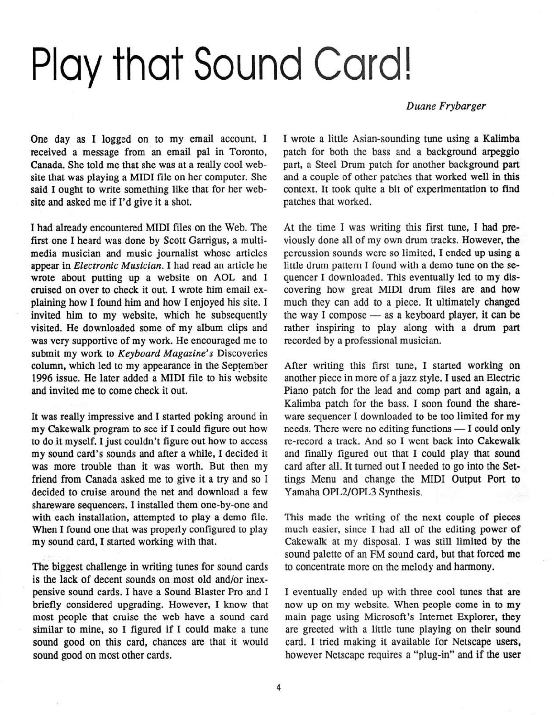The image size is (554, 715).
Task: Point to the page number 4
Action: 278,688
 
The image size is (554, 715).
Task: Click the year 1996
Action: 43,378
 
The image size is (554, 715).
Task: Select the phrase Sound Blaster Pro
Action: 195,592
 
